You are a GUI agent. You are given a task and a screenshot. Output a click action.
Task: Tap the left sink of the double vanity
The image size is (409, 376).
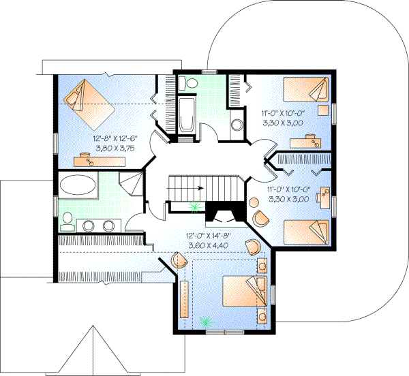[x=89, y=225]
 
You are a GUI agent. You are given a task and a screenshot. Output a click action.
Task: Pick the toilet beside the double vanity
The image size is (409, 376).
[x=67, y=219]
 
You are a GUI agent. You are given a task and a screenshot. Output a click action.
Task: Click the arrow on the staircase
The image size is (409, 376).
[x=198, y=186]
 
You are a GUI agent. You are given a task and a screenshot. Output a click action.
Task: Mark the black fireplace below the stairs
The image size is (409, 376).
[x=220, y=213]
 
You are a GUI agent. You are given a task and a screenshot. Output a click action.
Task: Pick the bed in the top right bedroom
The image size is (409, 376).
[x=304, y=89]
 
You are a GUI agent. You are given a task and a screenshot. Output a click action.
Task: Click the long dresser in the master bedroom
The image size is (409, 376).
[x=183, y=299]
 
